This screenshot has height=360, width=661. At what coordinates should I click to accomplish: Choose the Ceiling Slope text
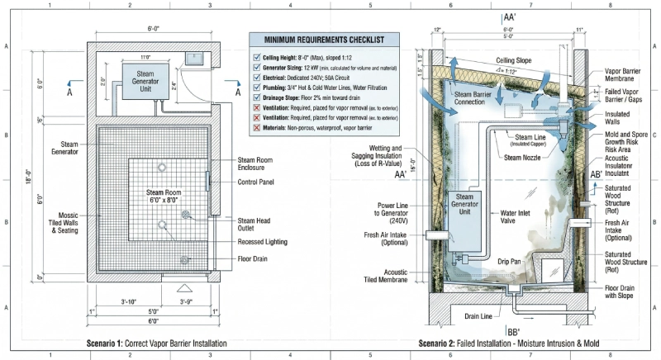click(516, 60)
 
